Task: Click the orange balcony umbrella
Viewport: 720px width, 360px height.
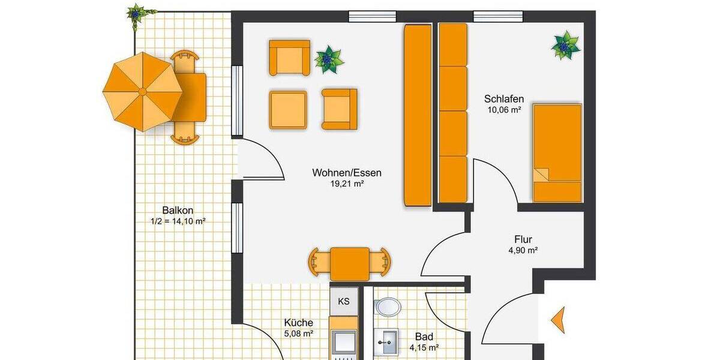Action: pos(142,91)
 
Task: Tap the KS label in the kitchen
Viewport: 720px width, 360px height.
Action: pos(344,301)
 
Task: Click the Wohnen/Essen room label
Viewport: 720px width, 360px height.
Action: pos(346,173)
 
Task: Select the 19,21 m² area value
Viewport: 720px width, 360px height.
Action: pos(347,184)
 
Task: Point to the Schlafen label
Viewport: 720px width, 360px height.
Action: pos(504,99)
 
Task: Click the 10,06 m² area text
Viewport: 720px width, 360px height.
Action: pos(503,110)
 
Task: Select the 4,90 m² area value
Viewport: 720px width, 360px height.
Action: pos(523,250)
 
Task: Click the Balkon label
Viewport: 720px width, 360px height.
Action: pos(178,210)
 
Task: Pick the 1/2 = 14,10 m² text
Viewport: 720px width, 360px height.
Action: pos(178,221)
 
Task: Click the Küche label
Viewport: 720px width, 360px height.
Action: pos(298,323)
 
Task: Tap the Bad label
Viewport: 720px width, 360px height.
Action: pos(424,337)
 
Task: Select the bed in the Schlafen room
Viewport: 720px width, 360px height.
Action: pos(557,152)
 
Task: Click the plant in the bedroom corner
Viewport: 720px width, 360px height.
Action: pos(566,45)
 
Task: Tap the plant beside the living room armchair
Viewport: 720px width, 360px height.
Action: pos(329,59)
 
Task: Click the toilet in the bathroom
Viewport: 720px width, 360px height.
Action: pos(388,307)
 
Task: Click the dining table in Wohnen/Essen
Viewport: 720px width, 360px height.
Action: pos(350,263)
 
